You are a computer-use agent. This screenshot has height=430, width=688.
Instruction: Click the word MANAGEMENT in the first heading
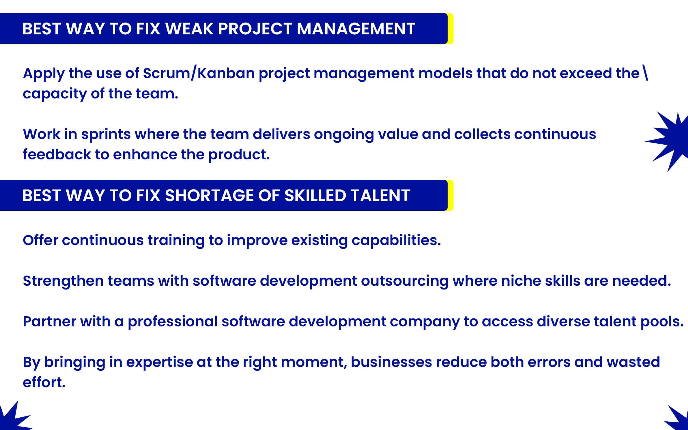(356, 29)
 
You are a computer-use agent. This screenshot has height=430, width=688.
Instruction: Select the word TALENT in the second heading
(380, 196)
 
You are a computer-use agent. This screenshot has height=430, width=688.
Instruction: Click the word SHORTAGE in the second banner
(209, 196)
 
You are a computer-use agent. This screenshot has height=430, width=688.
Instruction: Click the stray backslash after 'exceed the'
(645, 73)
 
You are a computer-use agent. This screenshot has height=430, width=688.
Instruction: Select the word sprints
(106, 134)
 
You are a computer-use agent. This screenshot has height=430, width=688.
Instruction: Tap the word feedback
(57, 155)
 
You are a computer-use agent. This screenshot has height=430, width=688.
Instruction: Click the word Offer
(40, 240)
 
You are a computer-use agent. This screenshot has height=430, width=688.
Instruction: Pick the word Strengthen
(63, 281)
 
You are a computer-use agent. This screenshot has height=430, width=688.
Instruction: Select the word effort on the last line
(44, 382)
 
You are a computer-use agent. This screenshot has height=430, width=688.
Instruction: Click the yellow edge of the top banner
(450, 29)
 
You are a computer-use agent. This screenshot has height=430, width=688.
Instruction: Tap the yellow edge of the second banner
(450, 196)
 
